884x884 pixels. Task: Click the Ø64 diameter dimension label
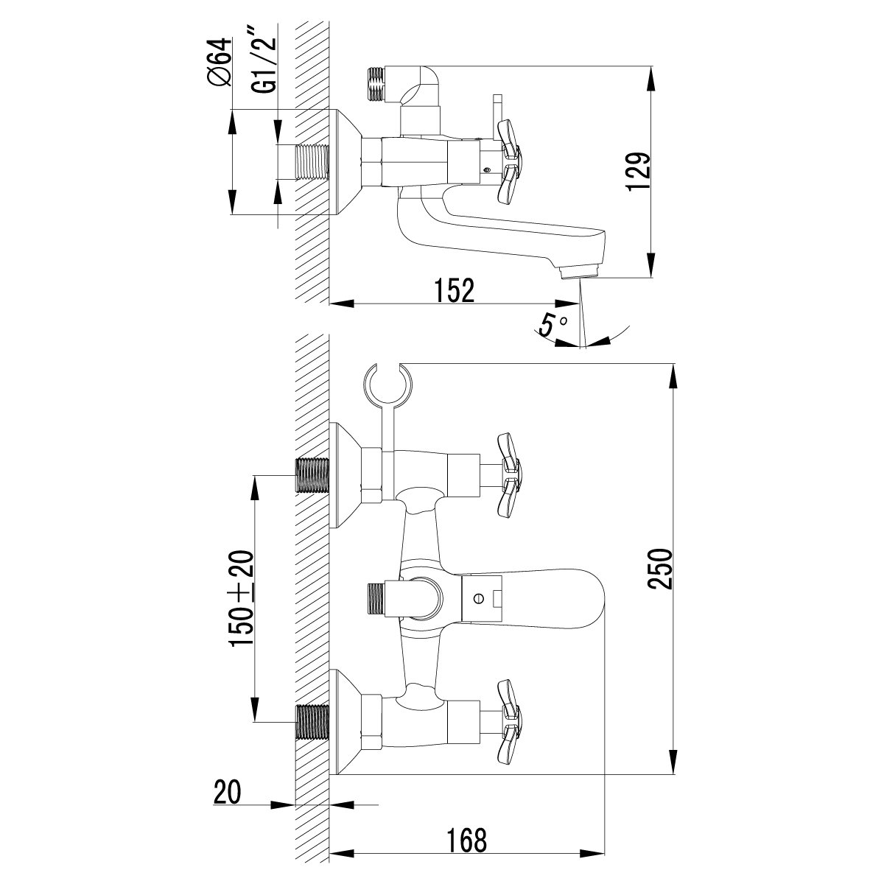click(x=220, y=64)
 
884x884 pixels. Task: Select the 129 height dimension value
click(x=639, y=172)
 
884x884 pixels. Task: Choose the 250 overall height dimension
click(x=659, y=568)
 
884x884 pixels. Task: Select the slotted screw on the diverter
click(x=480, y=599)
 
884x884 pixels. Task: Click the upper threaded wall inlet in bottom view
click(x=310, y=477)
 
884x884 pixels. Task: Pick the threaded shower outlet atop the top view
click(x=376, y=84)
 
